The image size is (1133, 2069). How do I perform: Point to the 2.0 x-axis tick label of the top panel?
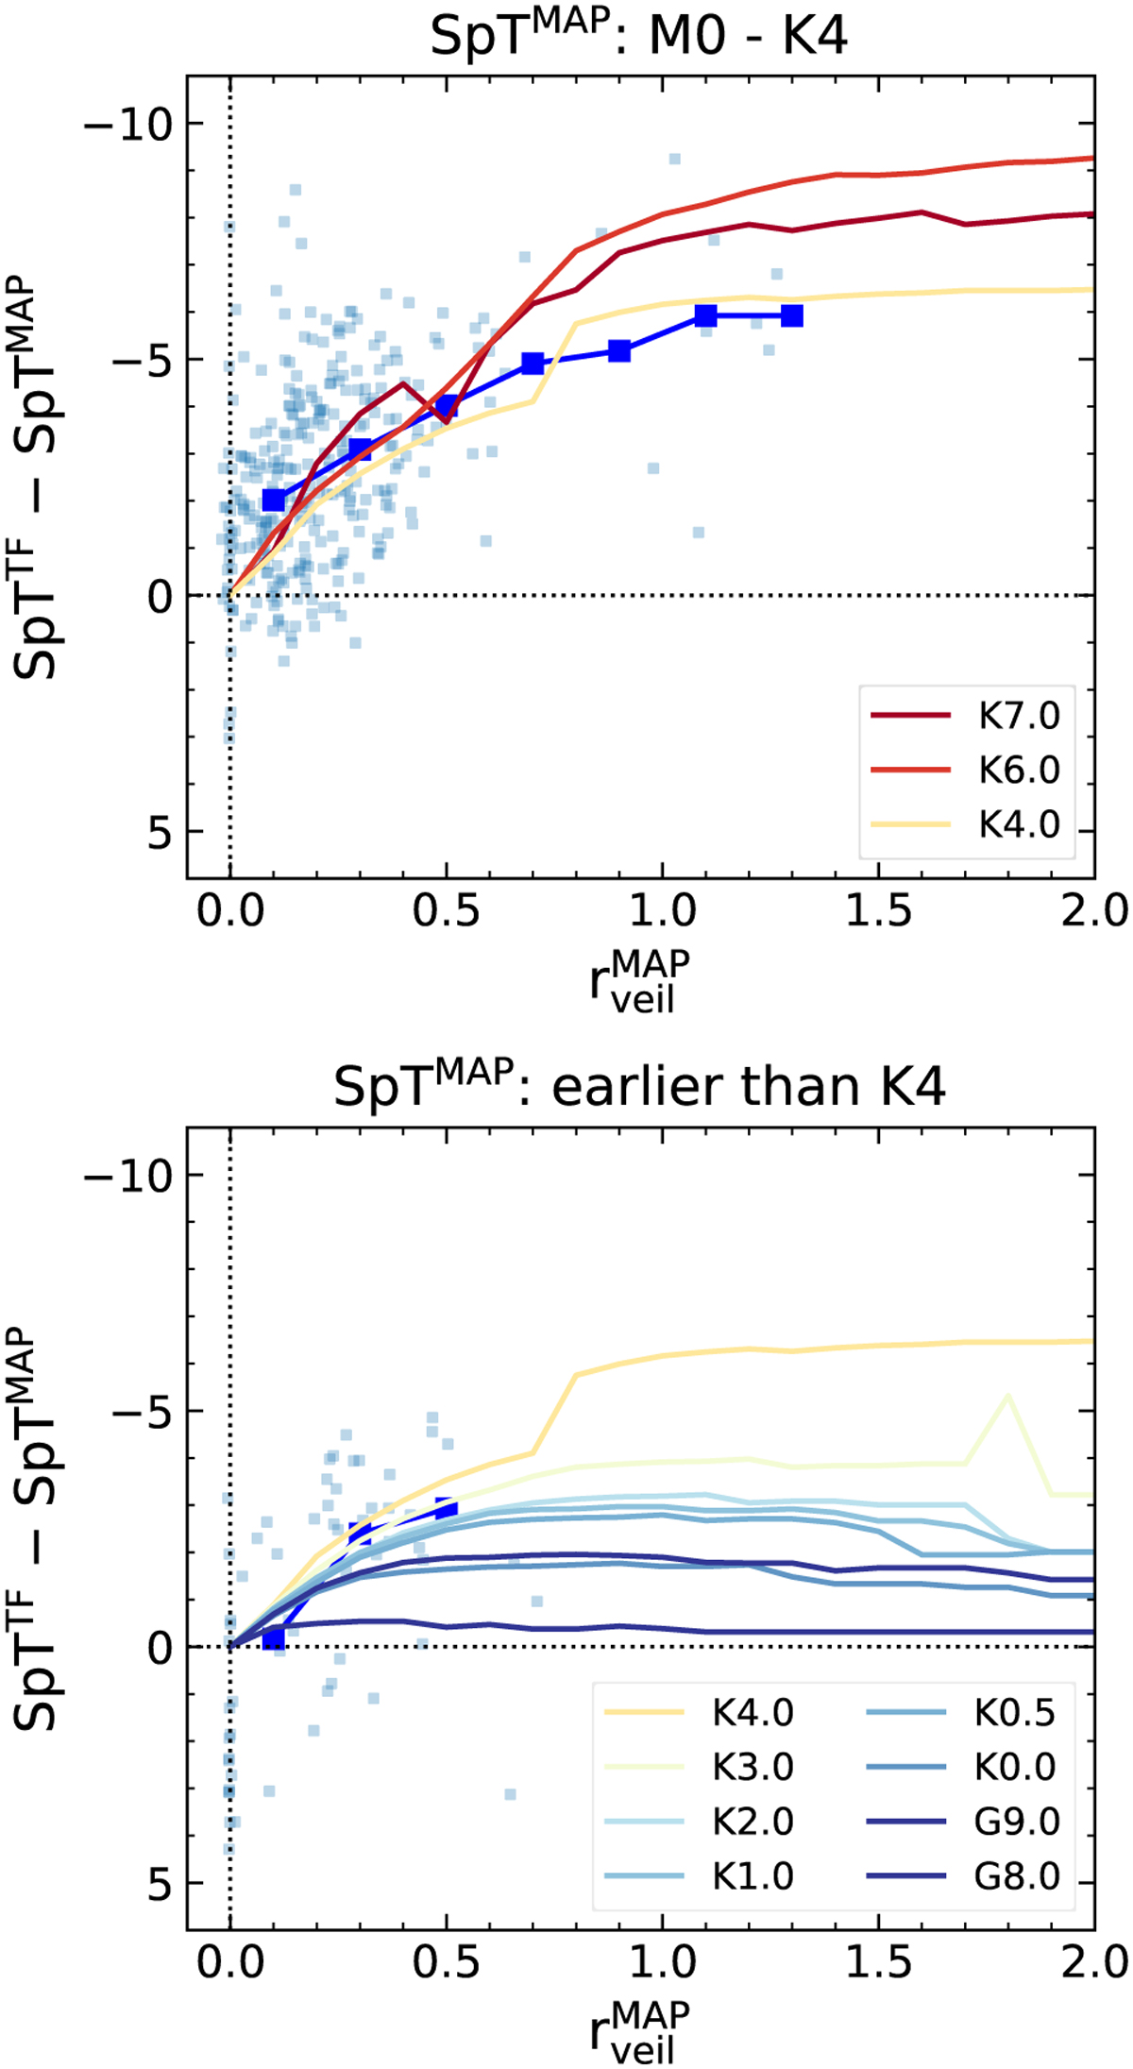coord(1094,912)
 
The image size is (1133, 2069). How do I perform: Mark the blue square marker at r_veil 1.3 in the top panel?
coord(792,315)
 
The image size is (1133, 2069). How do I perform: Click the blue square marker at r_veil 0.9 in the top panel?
coord(619,351)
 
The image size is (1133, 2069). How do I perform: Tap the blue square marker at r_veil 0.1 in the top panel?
coord(274,500)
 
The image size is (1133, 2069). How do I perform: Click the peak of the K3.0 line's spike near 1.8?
coord(1007,1396)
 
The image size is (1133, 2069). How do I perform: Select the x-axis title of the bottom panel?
coord(639,2022)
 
